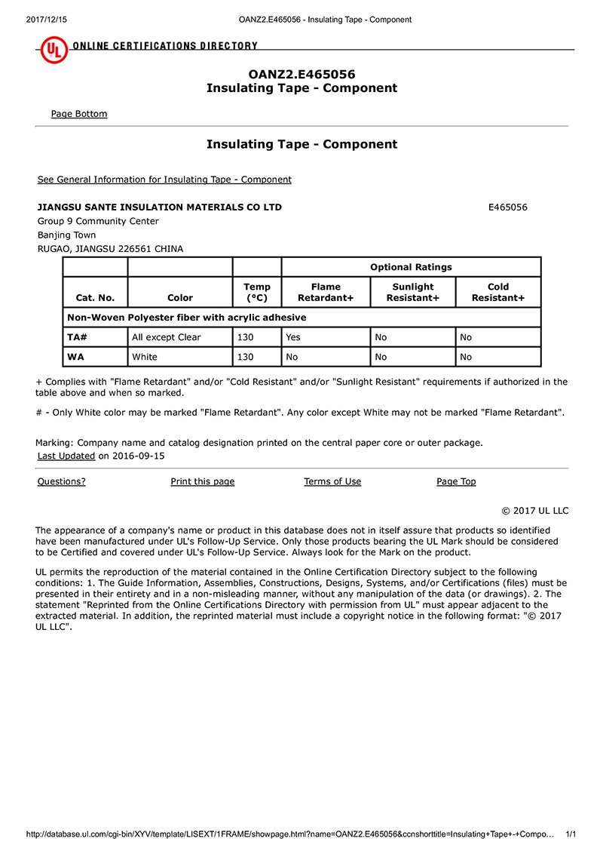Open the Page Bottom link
(79, 114)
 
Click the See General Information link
(164, 180)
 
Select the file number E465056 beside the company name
(508, 207)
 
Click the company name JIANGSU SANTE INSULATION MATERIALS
(160, 207)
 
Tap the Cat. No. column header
(95, 298)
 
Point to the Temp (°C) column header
(257, 292)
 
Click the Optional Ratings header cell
(411, 267)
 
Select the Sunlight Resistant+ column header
(413, 292)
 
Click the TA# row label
(76, 337)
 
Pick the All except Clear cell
(167, 337)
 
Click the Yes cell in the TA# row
(293, 337)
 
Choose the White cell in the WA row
(145, 357)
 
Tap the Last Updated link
(66, 456)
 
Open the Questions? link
(61, 481)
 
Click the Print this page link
(202, 481)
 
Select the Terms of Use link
(332, 481)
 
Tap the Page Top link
(456, 481)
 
